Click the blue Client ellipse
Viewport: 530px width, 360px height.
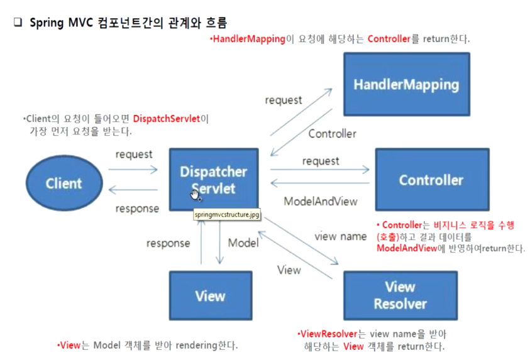[63, 183]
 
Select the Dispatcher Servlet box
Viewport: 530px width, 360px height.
[213, 180]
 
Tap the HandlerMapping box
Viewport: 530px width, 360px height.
[406, 84]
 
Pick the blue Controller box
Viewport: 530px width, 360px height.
[431, 180]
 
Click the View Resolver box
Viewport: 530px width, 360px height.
[400, 295]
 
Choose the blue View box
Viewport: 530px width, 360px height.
[210, 295]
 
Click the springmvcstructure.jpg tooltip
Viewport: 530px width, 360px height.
[226, 215]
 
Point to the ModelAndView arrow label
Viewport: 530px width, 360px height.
[321, 202]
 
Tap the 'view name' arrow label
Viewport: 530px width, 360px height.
[340, 236]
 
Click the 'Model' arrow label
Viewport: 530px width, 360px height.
[243, 243]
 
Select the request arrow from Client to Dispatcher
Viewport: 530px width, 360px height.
[133, 170]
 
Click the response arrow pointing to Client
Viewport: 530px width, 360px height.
[133, 190]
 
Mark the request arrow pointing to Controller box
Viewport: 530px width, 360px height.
[320, 170]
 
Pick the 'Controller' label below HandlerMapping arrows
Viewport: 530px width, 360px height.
[332, 133]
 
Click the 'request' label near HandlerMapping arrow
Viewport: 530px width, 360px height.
[283, 100]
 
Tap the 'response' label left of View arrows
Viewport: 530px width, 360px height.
[168, 243]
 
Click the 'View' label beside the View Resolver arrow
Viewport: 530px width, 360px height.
[289, 270]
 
